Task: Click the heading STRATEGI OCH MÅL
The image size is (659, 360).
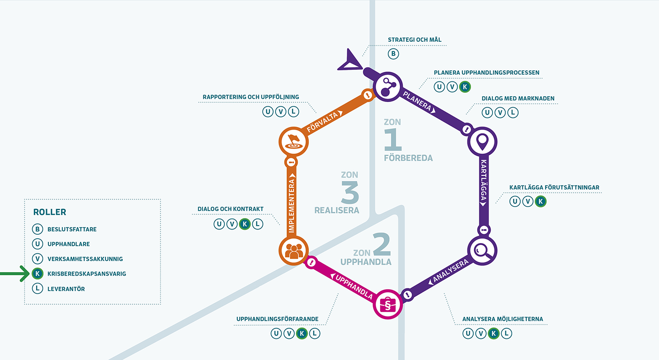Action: click(x=414, y=40)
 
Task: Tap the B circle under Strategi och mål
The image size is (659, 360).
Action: click(x=393, y=54)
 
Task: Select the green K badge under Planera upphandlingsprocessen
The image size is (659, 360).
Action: click(x=465, y=87)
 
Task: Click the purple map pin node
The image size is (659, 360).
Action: click(x=482, y=142)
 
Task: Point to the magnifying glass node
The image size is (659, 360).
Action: click(x=482, y=251)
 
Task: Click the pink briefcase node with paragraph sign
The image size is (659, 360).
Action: click(x=387, y=304)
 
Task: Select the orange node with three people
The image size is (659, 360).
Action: click(x=293, y=251)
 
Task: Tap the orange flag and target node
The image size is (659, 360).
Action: click(x=293, y=142)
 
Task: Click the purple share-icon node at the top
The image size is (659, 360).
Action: click(x=387, y=87)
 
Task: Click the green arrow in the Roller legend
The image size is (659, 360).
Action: click(x=15, y=274)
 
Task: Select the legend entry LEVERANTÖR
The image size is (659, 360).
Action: click(x=66, y=289)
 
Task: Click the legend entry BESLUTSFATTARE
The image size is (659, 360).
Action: click(x=72, y=229)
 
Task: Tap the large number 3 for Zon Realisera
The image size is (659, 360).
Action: click(x=350, y=193)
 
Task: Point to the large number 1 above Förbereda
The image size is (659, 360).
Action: click(x=393, y=140)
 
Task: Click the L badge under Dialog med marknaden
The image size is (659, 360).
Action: click(x=513, y=113)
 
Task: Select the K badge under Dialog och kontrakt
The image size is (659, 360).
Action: click(x=245, y=224)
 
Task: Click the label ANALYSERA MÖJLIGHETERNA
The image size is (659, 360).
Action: click(x=502, y=319)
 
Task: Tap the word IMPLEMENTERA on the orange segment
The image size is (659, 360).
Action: click(x=291, y=205)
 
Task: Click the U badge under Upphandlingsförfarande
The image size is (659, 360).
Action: click(x=276, y=334)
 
